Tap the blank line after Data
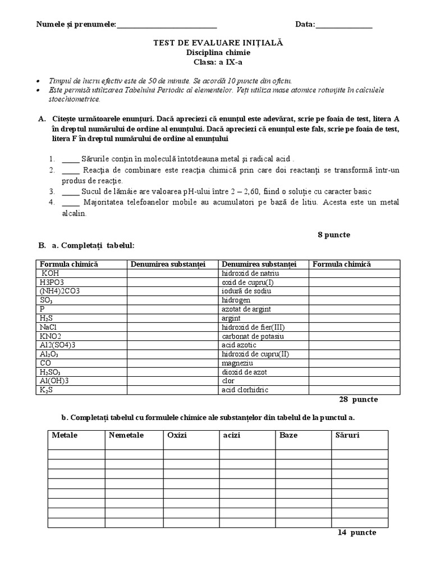coord(344,25)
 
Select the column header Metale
coord(65,435)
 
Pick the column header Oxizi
coord(177,435)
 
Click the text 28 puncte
coord(358,399)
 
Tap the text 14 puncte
coord(356,532)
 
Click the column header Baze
coord(288,435)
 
